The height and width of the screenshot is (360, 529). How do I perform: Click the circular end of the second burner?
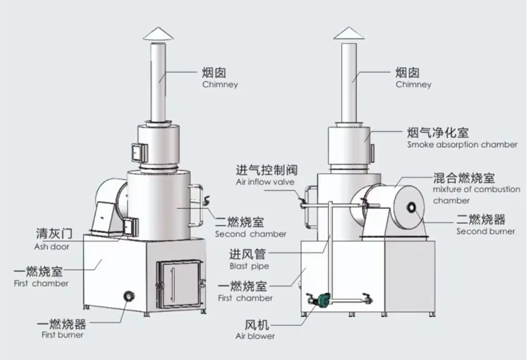[411, 210]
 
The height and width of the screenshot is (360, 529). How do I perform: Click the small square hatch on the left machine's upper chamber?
[135, 150]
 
